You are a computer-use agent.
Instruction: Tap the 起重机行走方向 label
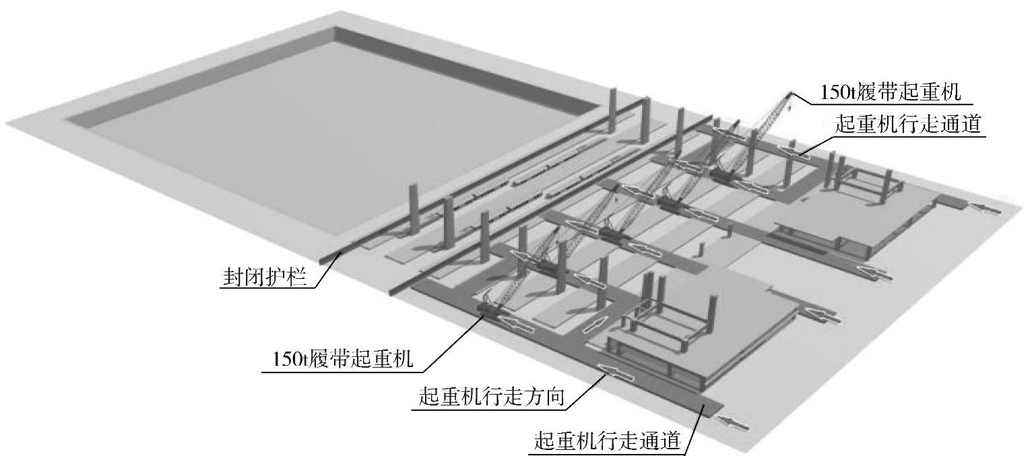(x=490, y=398)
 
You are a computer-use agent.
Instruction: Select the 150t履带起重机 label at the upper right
(x=889, y=92)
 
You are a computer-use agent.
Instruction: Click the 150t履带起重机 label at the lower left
(x=342, y=360)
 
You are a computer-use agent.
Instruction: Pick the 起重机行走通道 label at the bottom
(x=606, y=441)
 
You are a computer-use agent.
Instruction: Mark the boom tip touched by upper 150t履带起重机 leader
(x=790, y=95)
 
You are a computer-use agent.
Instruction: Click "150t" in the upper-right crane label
(x=835, y=92)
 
